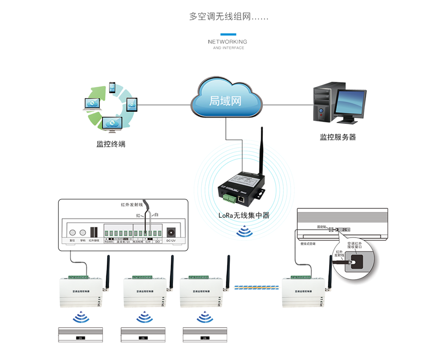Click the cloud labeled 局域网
pyautogui.click(x=226, y=99)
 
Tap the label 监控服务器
pyautogui.click(x=338, y=137)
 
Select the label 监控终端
pyautogui.click(x=111, y=144)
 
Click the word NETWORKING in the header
pyautogui.click(x=228, y=42)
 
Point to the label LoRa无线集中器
pyautogui.click(x=244, y=215)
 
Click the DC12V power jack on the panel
pyautogui.click(x=170, y=232)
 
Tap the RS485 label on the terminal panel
pyautogui.click(x=109, y=240)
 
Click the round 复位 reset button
pyautogui.click(x=72, y=233)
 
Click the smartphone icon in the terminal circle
pyautogui.click(x=112, y=88)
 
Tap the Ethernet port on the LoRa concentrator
pyautogui.click(x=241, y=199)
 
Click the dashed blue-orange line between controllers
pyautogui.click(x=256, y=287)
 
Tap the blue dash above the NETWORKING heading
pyautogui.click(x=228, y=34)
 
